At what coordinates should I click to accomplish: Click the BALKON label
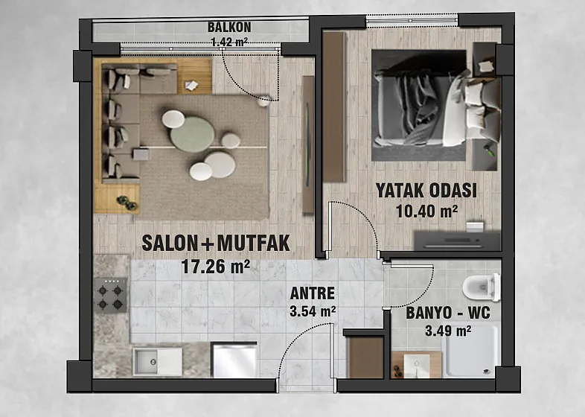(229, 28)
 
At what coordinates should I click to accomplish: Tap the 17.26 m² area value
(215, 267)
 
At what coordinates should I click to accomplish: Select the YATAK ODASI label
(426, 191)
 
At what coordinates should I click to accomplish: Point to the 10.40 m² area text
(426, 211)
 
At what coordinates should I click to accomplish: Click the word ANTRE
(313, 293)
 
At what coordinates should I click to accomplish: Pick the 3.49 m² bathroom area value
(448, 331)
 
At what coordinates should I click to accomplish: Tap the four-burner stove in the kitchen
(110, 296)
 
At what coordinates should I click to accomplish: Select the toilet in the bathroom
(482, 287)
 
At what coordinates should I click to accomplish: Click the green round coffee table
(192, 134)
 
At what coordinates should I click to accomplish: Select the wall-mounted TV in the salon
(308, 144)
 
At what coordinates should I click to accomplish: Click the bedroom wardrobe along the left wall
(334, 106)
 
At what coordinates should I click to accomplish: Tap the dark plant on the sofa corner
(127, 203)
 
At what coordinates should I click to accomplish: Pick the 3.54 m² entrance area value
(313, 311)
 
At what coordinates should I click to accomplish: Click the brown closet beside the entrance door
(365, 357)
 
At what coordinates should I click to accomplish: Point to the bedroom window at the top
(412, 21)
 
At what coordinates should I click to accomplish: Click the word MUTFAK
(253, 243)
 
